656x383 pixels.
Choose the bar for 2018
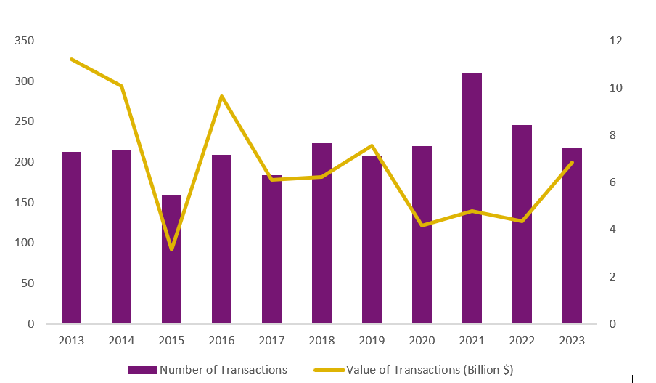321,233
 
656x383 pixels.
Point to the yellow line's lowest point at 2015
171,250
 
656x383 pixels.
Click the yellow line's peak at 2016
221,96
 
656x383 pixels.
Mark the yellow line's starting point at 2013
71,59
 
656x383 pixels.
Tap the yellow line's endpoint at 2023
572,162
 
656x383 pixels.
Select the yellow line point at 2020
422,225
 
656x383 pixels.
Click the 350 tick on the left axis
25,41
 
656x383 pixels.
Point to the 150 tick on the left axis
25,203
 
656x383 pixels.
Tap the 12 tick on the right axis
616,41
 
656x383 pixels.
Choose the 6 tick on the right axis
613,182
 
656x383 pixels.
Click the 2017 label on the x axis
271,341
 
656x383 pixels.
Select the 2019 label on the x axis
372,341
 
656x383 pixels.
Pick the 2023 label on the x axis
572,341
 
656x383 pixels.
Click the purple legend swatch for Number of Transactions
142,370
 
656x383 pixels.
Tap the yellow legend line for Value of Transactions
328,370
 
